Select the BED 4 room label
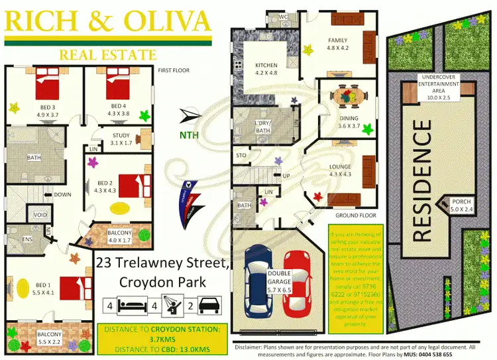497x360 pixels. click(x=118, y=106)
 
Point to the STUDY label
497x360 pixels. click(x=121, y=136)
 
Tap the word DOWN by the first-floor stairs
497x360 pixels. click(x=64, y=195)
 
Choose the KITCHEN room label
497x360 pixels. click(x=267, y=64)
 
